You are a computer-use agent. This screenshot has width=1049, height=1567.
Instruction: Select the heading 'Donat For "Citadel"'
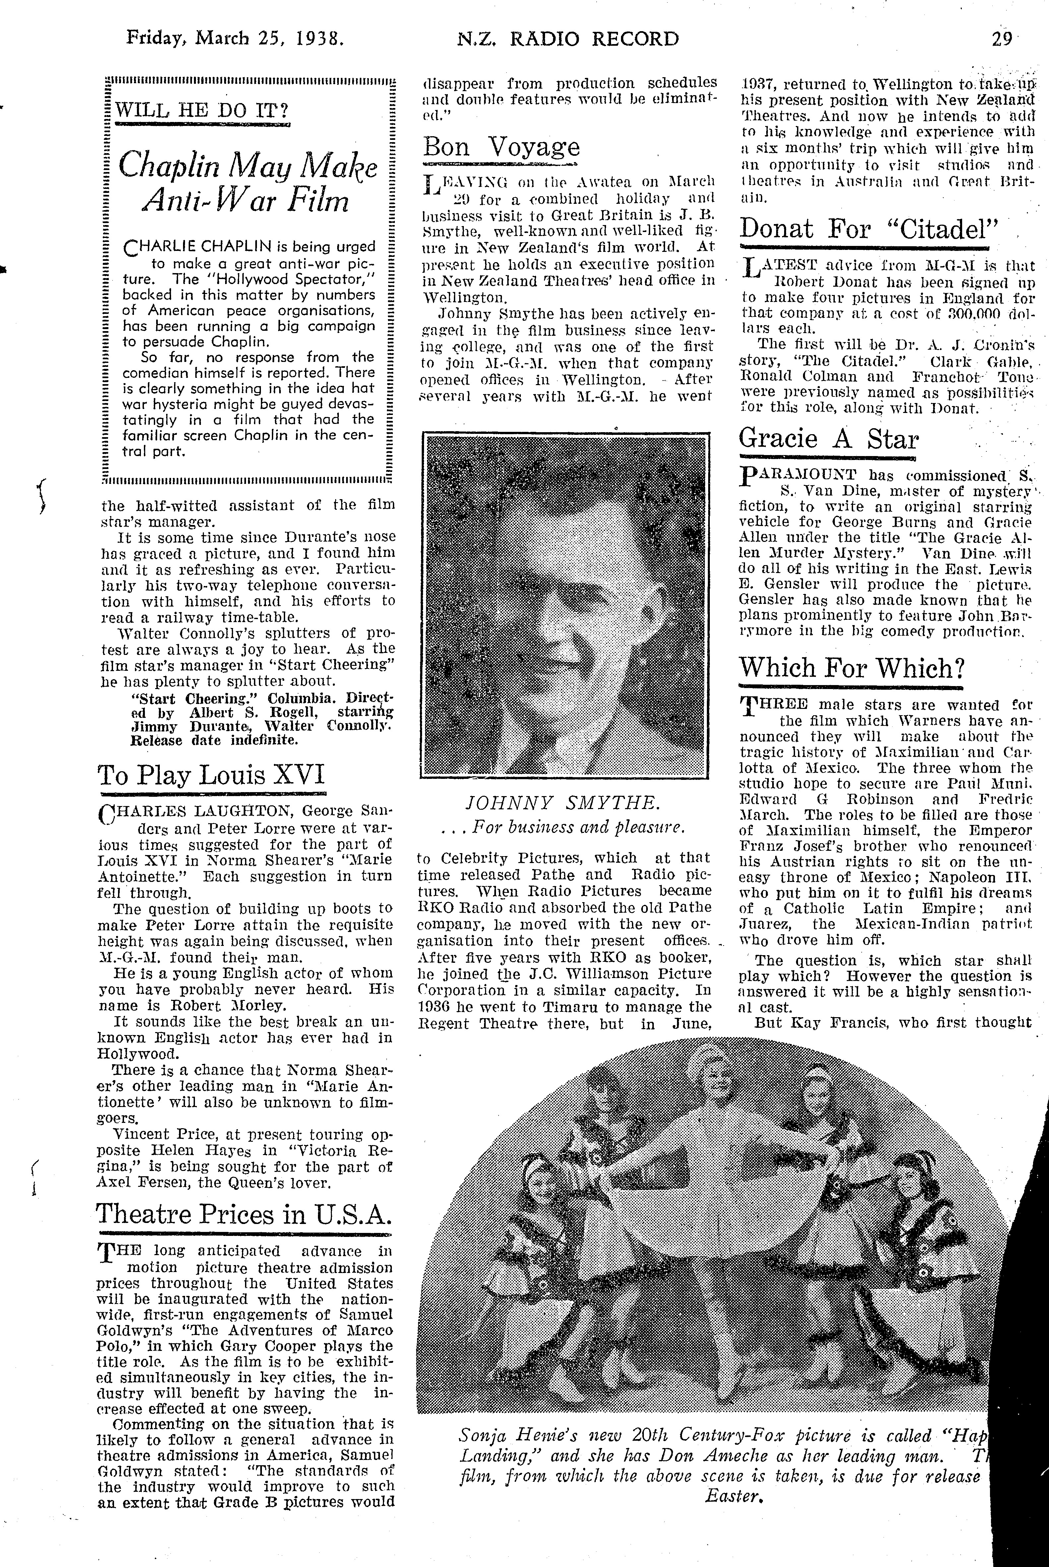pyautogui.click(x=868, y=229)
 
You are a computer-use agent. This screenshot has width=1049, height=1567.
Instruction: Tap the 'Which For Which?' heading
pyautogui.click(x=850, y=668)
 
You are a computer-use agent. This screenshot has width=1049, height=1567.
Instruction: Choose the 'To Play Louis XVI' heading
pyautogui.click(x=212, y=775)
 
